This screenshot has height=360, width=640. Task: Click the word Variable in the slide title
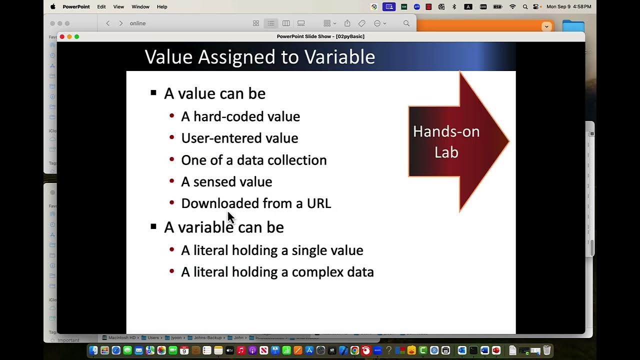[x=339, y=57]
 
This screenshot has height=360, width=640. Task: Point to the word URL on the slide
[x=318, y=203]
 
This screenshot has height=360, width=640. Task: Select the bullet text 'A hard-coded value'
[x=240, y=116]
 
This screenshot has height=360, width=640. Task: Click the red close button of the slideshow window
[x=62, y=36]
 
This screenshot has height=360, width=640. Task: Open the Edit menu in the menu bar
[x=101, y=7]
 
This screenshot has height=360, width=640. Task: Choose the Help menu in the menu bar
[x=162, y=7]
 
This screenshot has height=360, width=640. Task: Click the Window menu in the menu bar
[x=140, y=7]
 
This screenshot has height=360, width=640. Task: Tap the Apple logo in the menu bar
[x=53, y=6]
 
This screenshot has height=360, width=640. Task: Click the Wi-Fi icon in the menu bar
[x=512, y=7]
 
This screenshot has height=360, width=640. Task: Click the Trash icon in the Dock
[x=547, y=350]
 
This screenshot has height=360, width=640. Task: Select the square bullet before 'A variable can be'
[x=153, y=226]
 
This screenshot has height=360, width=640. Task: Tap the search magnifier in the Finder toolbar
[x=406, y=23]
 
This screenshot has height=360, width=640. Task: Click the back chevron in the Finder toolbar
[x=108, y=23]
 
